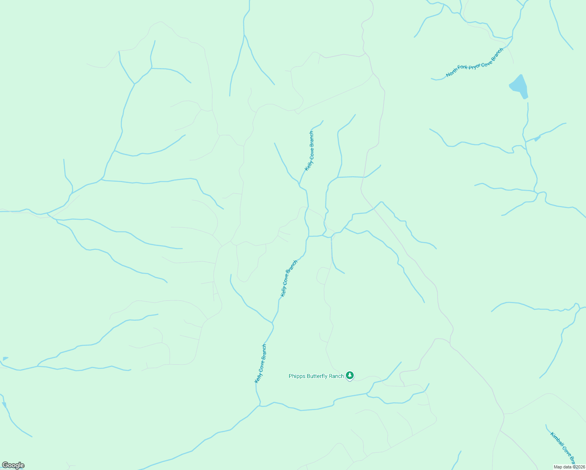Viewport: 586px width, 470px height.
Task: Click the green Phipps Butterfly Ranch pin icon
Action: pos(350,376)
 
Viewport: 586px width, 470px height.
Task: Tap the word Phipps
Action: pos(297,376)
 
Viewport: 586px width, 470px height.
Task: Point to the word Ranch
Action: pos(338,376)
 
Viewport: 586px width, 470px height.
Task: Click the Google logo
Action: pos(13,465)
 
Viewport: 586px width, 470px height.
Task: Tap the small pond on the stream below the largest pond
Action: pos(537,138)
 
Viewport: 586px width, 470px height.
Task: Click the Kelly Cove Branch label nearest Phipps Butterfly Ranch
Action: pos(260,363)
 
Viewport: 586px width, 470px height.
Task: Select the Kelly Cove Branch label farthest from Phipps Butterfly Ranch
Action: pos(309,151)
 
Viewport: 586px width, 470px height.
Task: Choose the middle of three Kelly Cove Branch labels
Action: pos(289,278)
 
